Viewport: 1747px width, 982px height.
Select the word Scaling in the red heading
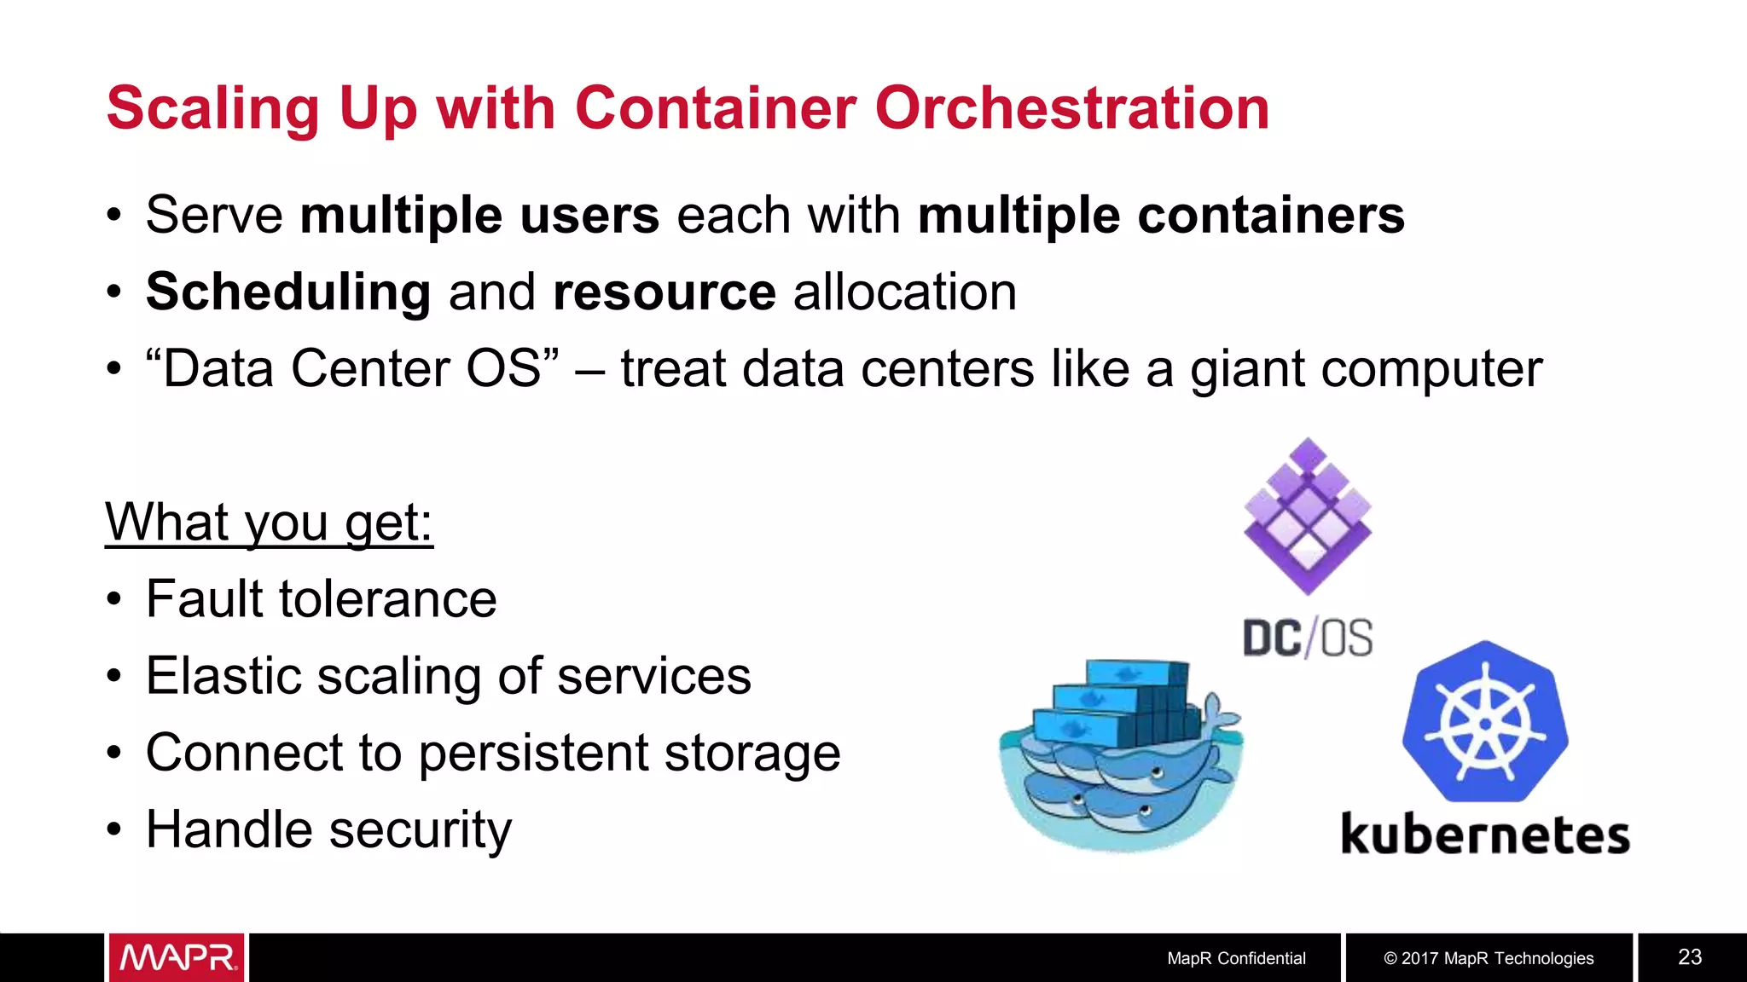pyautogui.click(x=212, y=110)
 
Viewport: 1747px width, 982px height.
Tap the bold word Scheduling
pyautogui.click(x=288, y=292)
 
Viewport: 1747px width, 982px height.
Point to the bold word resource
pyautogui.click(x=664, y=292)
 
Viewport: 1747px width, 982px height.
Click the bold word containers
pyautogui.click(x=1271, y=215)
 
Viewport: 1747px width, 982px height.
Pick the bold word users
pyautogui.click(x=589, y=215)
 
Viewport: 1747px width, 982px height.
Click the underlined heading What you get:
pyautogui.click(x=269, y=522)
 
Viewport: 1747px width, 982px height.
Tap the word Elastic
pyautogui.click(x=222, y=675)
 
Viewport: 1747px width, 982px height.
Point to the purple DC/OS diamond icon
pyautogui.click(x=1308, y=516)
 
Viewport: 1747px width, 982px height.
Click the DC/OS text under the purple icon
pyautogui.click(x=1308, y=638)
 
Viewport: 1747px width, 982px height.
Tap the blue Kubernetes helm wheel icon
pyautogui.click(x=1485, y=722)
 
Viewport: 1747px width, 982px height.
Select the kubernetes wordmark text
pyautogui.click(x=1485, y=834)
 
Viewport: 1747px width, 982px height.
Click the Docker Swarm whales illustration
pyautogui.click(x=1121, y=754)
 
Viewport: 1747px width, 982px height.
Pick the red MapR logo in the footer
pyautogui.click(x=177, y=957)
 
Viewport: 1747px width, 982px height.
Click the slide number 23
pyautogui.click(x=1690, y=957)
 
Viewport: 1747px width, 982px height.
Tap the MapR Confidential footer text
pyautogui.click(x=1236, y=958)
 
